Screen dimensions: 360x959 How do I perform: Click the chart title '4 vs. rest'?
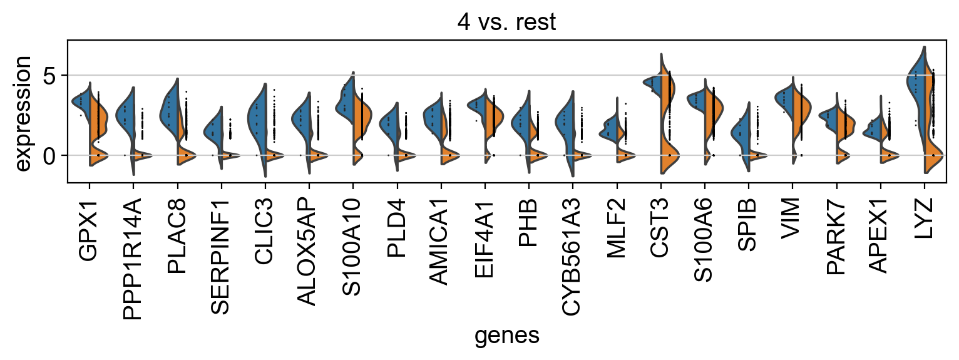pos(506,22)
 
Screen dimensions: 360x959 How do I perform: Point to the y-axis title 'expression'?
pos(23,112)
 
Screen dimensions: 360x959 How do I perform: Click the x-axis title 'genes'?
pos(506,336)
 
